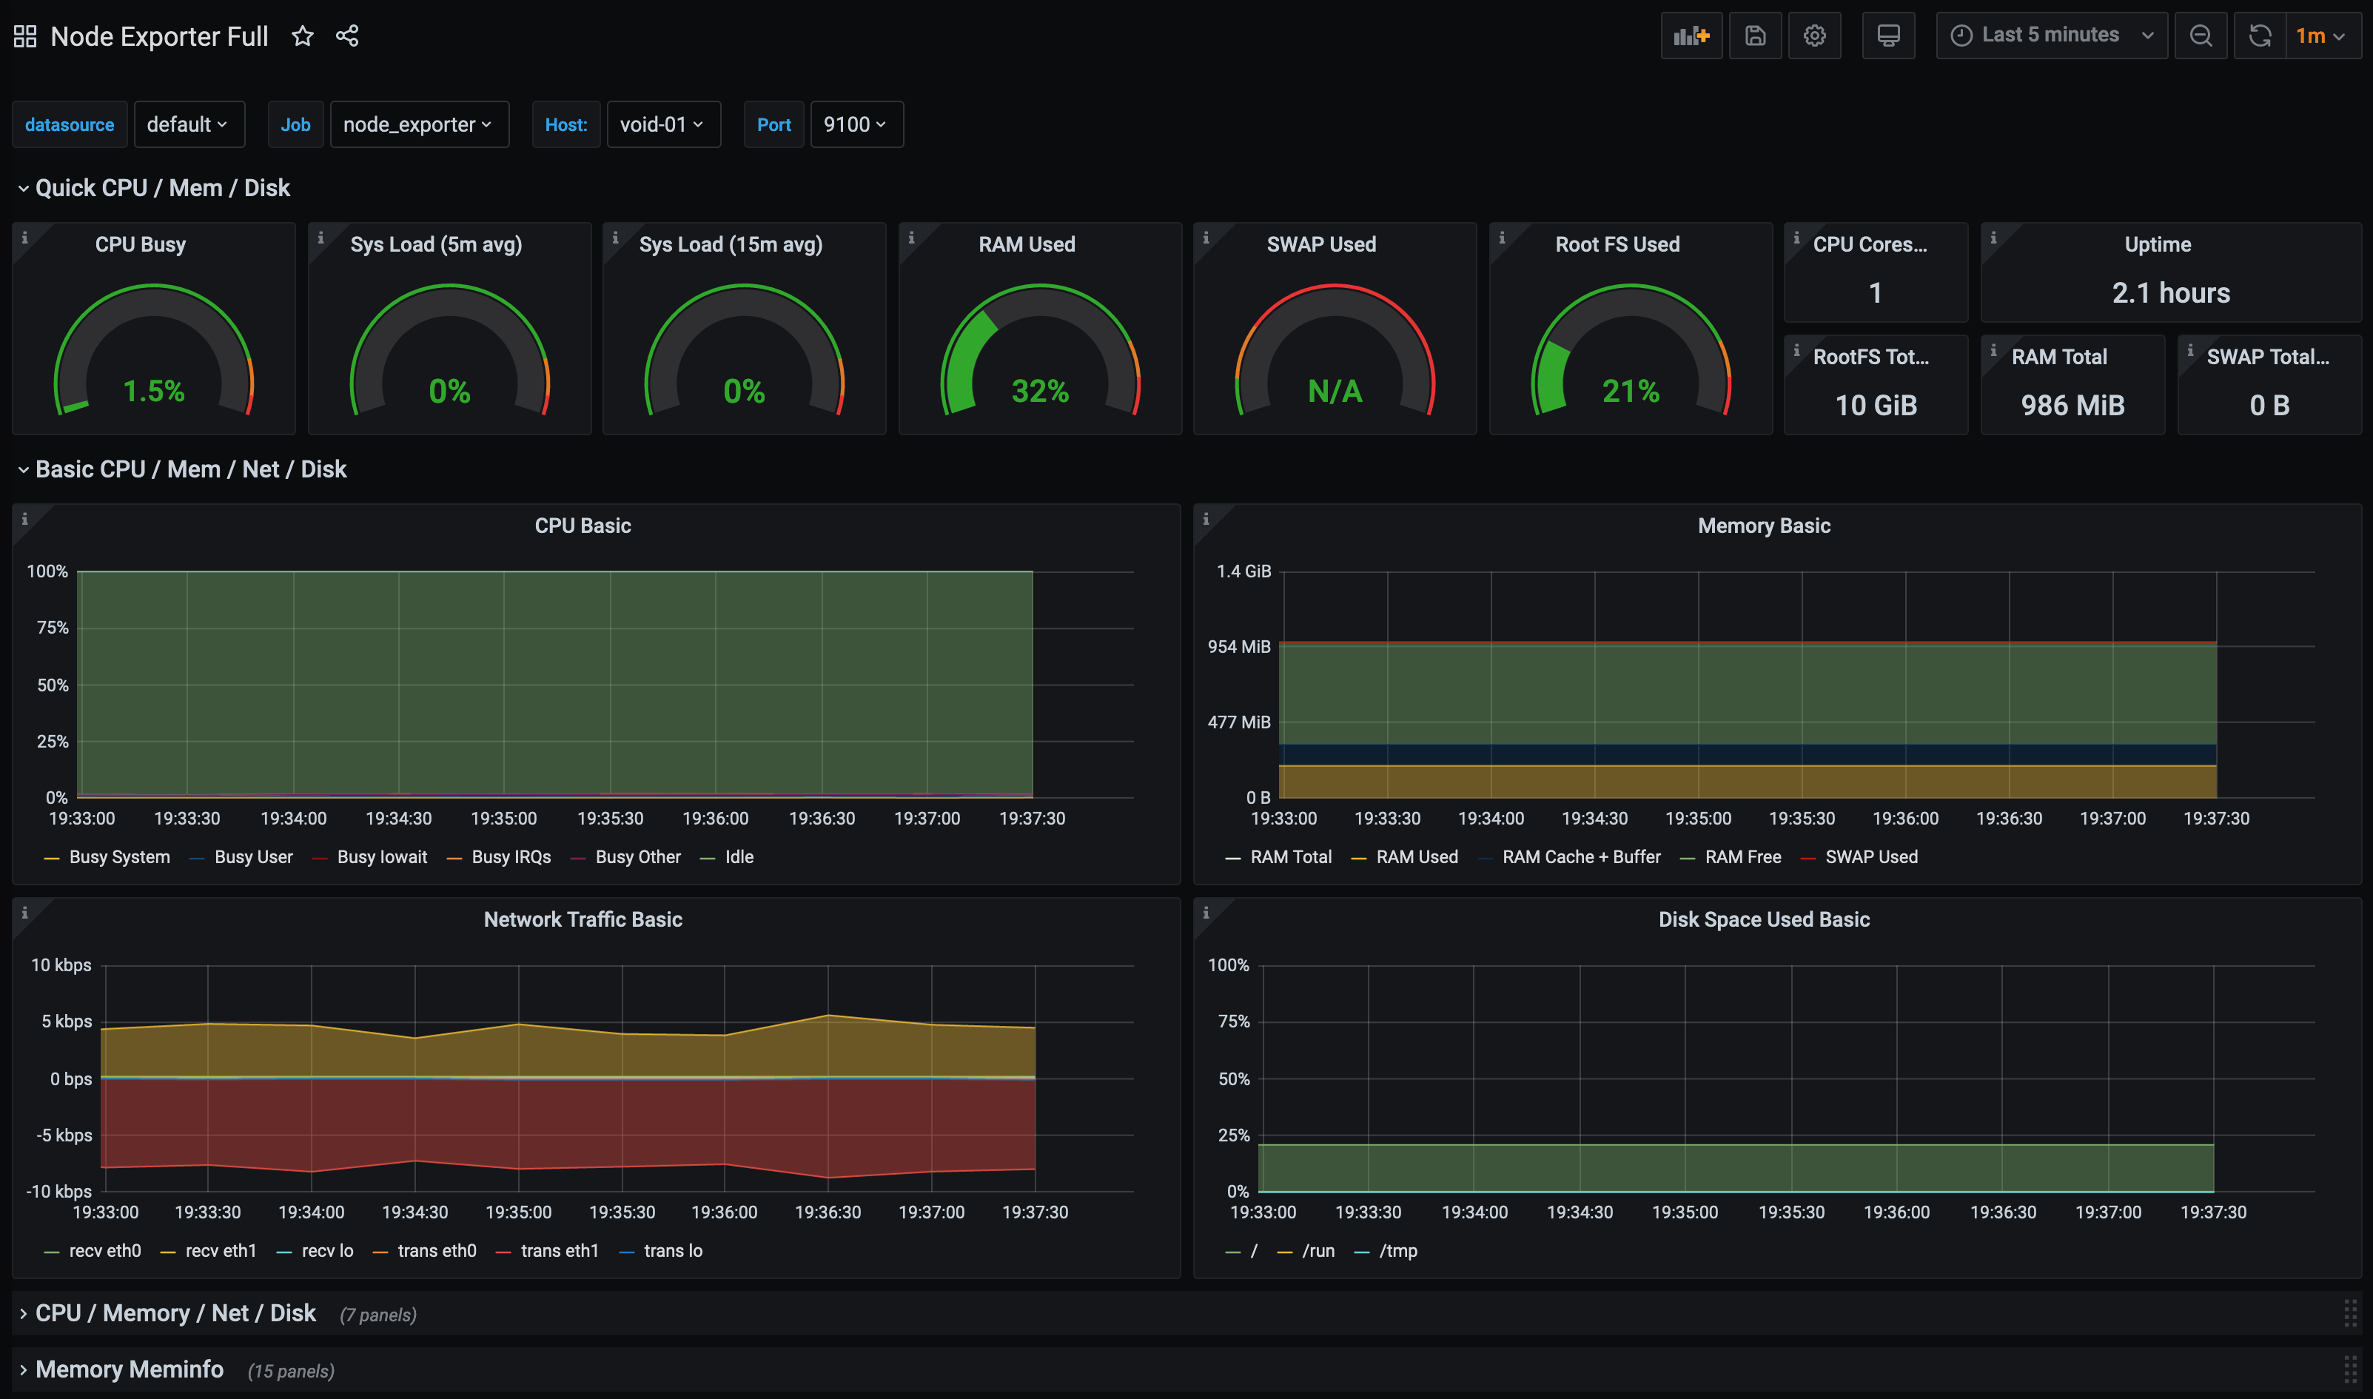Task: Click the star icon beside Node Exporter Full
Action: pos(301,36)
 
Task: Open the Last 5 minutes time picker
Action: pos(2051,36)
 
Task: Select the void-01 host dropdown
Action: pos(662,124)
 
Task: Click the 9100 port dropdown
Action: pos(855,124)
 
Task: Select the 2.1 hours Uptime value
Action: pos(2170,293)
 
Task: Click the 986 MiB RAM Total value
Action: pos(2072,406)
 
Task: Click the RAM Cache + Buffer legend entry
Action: pos(1580,857)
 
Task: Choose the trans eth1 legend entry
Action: pos(559,1251)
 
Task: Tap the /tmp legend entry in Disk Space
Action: pos(1397,1251)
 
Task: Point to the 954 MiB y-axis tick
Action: pos(1238,647)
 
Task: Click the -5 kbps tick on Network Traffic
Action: pos(64,1135)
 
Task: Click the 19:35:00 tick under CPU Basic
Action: pos(503,818)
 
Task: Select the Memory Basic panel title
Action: pos(1763,526)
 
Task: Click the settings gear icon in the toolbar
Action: pos(1814,36)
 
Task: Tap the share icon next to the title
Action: pos(347,36)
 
